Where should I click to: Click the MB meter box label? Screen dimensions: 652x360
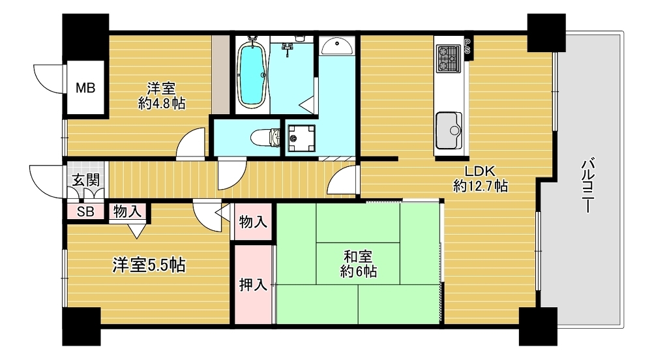coord(85,88)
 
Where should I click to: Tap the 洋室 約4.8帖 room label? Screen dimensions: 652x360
coord(161,96)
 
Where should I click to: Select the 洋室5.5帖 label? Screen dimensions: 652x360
coord(149,265)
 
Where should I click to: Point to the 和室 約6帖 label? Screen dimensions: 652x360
coord(358,263)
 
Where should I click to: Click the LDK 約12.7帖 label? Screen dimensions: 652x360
coord(480,178)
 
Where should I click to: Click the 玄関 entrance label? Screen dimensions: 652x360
coord(86,180)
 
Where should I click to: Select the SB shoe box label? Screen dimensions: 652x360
coord(85,211)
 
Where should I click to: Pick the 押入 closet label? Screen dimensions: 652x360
coord(253,285)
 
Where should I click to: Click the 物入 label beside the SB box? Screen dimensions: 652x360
coord(127,211)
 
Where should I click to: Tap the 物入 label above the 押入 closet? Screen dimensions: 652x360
coord(253,222)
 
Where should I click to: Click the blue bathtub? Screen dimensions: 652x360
coord(252,74)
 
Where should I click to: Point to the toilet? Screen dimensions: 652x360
coord(266,137)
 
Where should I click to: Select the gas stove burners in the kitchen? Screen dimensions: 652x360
coord(449,58)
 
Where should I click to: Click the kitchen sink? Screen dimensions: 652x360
coord(449,130)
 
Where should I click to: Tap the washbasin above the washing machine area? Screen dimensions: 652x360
coord(337,46)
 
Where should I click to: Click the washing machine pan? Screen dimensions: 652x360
coord(300,138)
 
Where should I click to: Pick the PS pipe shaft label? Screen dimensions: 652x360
coord(467,46)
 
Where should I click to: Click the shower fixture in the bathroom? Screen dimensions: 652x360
coord(286,48)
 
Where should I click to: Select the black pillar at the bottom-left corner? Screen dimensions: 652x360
coord(81,327)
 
